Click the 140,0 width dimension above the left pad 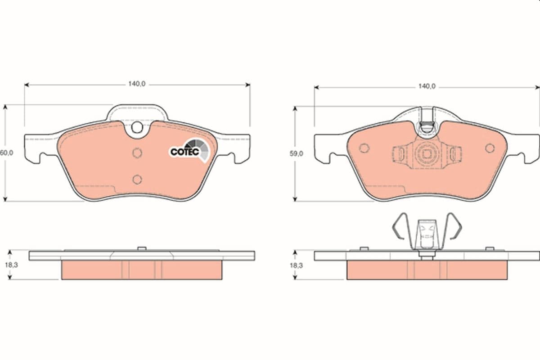[x=136, y=84]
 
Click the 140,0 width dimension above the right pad [x=426, y=86]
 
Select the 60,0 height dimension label [x=6, y=153]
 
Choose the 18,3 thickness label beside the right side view [x=296, y=265]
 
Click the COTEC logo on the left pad [x=189, y=150]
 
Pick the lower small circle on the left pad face [x=137, y=180]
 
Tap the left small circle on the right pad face [x=364, y=148]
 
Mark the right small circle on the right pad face [x=490, y=148]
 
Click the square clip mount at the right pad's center [x=426, y=154]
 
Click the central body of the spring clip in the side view [x=426, y=234]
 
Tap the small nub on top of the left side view [x=141, y=248]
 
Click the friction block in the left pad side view [x=141, y=270]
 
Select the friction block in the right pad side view [x=427, y=270]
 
